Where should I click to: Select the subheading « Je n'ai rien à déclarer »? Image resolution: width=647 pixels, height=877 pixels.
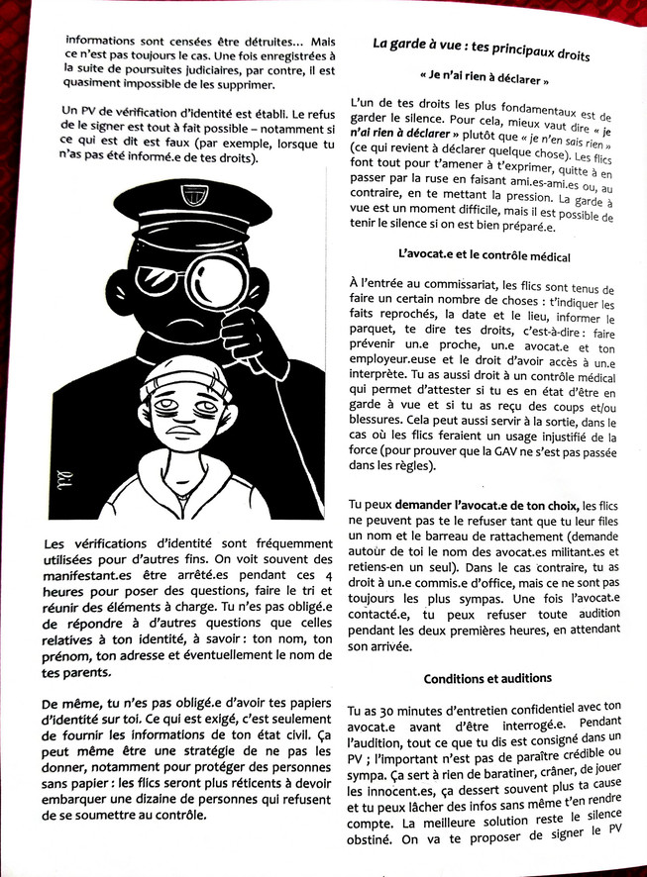(x=483, y=77)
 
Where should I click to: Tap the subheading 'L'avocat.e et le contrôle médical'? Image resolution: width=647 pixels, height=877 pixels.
(x=483, y=256)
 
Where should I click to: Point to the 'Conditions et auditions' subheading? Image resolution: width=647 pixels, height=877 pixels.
(x=486, y=679)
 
